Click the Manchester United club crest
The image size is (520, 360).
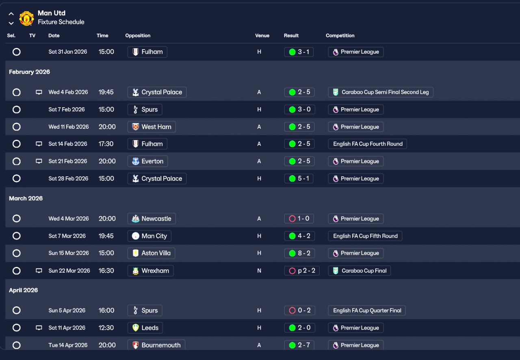click(26, 18)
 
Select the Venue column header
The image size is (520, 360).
click(262, 36)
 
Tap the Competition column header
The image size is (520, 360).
click(340, 36)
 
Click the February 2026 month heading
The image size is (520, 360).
click(29, 72)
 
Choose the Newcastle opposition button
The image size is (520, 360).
click(151, 219)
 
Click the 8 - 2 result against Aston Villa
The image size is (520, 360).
click(299, 253)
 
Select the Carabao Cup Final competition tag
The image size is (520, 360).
click(359, 271)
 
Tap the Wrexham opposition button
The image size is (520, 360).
click(150, 271)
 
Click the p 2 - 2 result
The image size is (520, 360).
click(301, 271)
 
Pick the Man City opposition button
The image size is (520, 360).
click(149, 236)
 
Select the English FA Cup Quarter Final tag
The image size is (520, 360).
click(367, 310)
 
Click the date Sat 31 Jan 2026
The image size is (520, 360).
click(67, 52)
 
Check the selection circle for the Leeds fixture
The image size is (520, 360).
click(17, 328)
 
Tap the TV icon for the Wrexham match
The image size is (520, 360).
click(39, 271)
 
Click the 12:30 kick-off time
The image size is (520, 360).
click(106, 328)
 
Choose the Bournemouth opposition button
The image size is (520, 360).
click(156, 345)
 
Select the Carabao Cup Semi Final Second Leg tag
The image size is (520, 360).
click(381, 92)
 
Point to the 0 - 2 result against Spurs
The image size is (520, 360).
click(299, 310)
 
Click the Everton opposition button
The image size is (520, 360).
click(147, 161)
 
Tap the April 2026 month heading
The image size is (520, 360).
click(24, 291)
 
